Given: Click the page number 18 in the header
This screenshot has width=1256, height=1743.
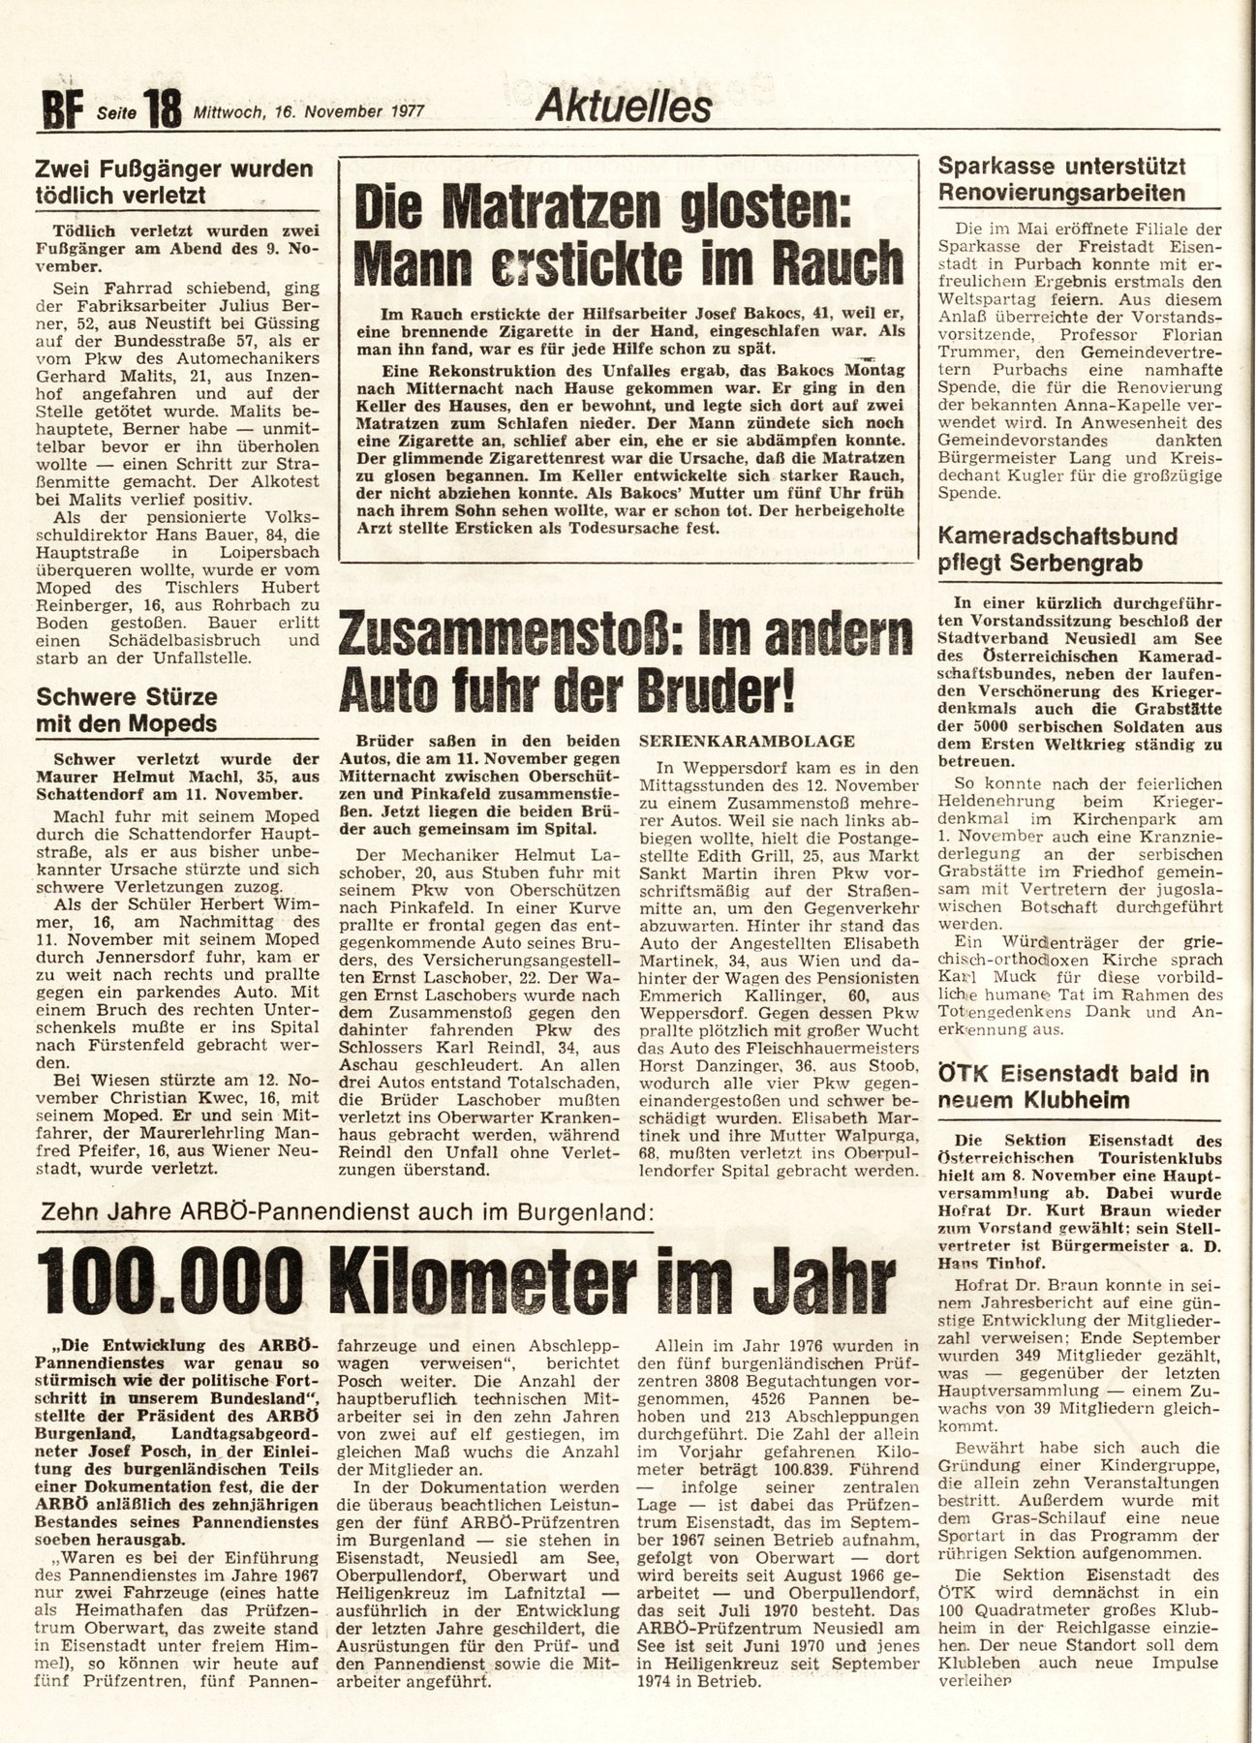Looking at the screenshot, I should pos(162,108).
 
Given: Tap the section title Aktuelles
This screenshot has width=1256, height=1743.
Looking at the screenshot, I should pos(625,106).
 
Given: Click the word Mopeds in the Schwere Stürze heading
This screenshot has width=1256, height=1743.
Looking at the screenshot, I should pos(170,723).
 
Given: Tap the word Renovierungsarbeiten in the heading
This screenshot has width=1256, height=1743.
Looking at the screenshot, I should pos(1061,192).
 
